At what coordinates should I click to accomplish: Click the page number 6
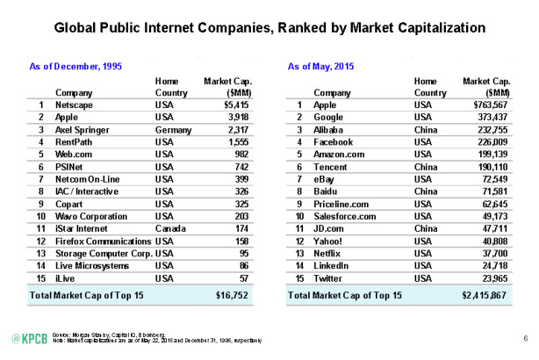(x=524, y=337)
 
